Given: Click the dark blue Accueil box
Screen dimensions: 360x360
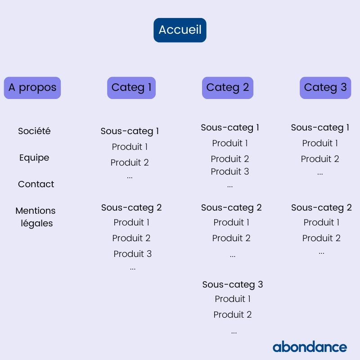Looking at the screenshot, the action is click(x=180, y=30).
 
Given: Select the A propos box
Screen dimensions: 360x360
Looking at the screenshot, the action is click(x=32, y=88).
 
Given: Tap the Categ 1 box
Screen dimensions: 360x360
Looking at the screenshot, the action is click(x=131, y=88).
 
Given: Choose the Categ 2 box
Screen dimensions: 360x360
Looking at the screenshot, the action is click(x=228, y=88).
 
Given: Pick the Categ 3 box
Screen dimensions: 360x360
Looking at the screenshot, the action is click(x=325, y=88).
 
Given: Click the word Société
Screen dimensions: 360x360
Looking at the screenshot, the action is click(x=34, y=131).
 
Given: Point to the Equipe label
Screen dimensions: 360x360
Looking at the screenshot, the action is click(x=34, y=158).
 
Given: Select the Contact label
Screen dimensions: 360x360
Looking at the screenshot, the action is click(x=36, y=184).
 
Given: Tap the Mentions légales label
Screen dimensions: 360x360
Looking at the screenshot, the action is click(x=36, y=217).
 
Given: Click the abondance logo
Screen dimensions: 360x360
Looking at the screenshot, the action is click(x=310, y=346).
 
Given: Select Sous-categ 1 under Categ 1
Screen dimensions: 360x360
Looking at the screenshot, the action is click(x=130, y=131).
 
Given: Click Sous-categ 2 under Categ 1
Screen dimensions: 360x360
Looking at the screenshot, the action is click(x=131, y=208).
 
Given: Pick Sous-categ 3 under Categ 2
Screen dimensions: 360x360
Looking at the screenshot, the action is click(x=233, y=285).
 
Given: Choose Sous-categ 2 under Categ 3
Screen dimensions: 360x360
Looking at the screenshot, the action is click(x=321, y=208).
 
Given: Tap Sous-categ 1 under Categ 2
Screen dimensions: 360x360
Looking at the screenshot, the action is click(x=230, y=128).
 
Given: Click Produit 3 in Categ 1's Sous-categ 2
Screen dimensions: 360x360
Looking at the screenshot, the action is click(x=133, y=254).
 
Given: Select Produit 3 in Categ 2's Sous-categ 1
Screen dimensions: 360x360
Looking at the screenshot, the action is click(x=230, y=171).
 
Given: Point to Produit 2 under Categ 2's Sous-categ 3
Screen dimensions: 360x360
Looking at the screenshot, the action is click(x=233, y=315).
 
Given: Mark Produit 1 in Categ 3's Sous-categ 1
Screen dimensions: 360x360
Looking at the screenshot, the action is click(x=320, y=143).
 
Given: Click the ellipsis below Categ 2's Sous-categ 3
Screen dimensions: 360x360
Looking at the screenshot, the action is click(x=234, y=332).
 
